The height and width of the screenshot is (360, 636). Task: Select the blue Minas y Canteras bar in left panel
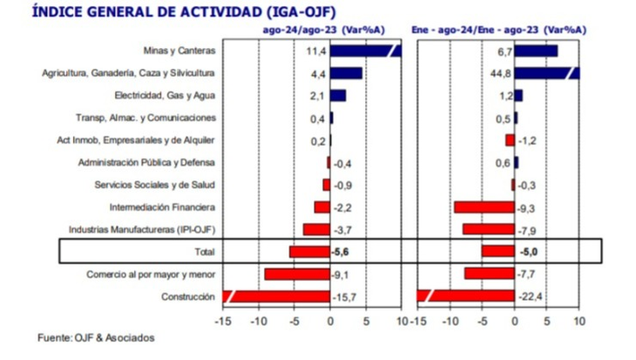[366, 51]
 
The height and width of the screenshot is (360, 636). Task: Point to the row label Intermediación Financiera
[162, 207]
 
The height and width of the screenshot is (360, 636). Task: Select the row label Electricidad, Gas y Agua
[166, 95]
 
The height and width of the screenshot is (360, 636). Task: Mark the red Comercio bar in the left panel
[297, 275]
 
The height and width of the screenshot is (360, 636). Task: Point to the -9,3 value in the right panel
[528, 207]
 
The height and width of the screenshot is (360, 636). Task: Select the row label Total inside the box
[204, 252]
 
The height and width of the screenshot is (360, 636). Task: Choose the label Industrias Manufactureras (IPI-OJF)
[141, 230]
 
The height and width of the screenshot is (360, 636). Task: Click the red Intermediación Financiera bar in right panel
[484, 207]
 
